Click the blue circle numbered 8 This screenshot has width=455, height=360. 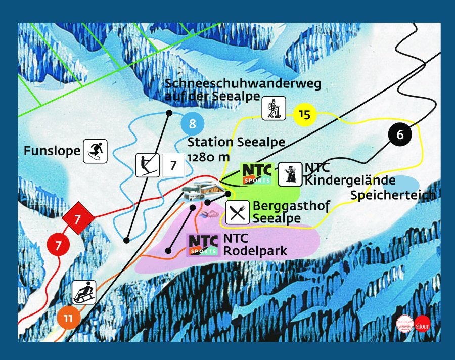coord(193,123)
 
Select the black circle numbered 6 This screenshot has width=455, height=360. coord(400,135)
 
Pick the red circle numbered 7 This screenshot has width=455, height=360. coord(58,246)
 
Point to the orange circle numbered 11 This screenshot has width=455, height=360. coord(68,319)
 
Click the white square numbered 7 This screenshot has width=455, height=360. coord(173,165)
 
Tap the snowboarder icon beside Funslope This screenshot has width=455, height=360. coord(96,151)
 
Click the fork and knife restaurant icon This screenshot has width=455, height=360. coord(237,212)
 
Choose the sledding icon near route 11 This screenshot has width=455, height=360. coord(84,292)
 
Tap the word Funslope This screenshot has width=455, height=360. coord(52,151)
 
